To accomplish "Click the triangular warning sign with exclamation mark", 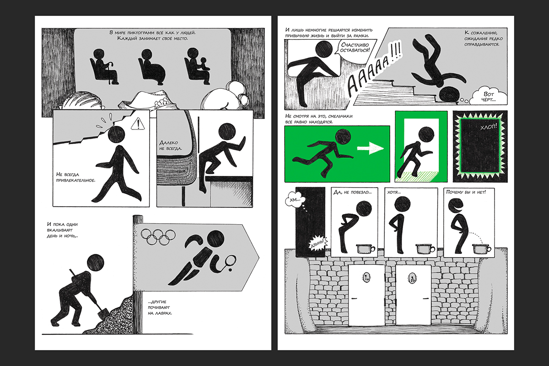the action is click(x=138, y=124).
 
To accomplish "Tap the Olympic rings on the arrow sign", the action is click(x=158, y=237).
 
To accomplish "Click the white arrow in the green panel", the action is click(x=370, y=148).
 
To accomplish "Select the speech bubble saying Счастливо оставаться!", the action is click(x=355, y=48).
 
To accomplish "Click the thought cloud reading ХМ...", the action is click(x=295, y=200).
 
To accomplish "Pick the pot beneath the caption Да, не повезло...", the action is click(x=365, y=249).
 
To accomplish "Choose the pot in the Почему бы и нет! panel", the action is click(x=481, y=249).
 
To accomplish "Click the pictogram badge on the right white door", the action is click(x=412, y=278).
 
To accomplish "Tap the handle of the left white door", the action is click(x=355, y=298).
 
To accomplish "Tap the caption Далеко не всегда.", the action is click(x=171, y=145).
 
